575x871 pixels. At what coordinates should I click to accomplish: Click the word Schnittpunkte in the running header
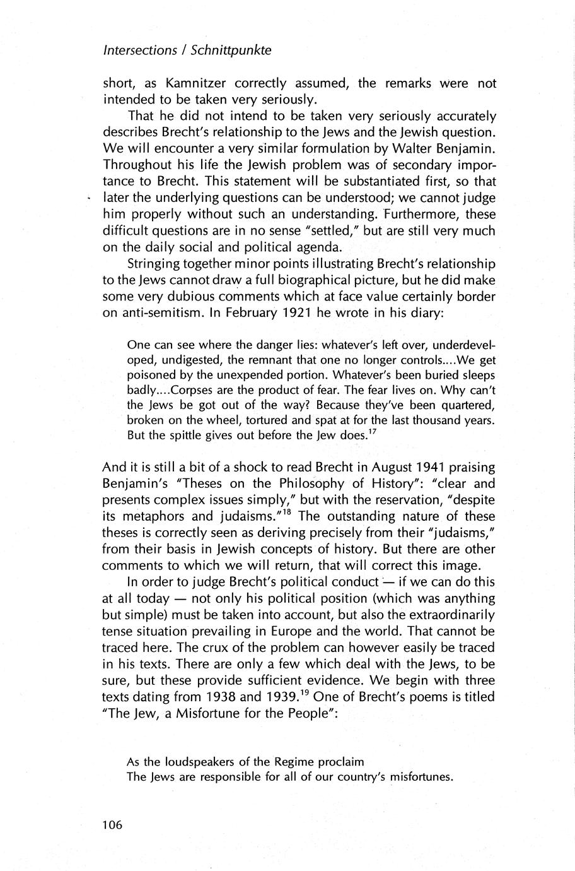click(234, 51)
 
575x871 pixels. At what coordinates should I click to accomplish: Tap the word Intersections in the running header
click(139, 51)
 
